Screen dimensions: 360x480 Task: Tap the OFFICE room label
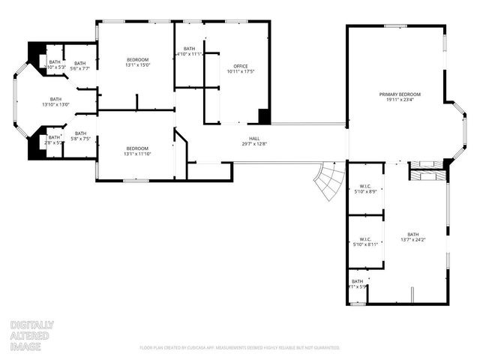tap(240, 66)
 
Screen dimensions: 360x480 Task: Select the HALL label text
tap(254, 138)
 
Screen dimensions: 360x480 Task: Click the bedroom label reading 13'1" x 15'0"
tap(137, 62)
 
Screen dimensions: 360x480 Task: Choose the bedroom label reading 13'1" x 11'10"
tap(137, 151)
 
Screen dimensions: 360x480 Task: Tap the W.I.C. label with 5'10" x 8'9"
tap(365, 188)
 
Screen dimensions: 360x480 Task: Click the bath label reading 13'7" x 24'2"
tap(413, 237)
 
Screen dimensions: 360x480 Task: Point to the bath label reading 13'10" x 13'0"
tap(56, 101)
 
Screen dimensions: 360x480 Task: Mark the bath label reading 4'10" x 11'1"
tap(189, 52)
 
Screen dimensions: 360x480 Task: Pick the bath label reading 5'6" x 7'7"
tap(80, 65)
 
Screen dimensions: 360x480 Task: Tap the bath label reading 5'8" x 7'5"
tap(80, 136)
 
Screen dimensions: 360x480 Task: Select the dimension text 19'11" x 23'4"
tap(403, 100)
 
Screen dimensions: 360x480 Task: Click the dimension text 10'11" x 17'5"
tap(240, 71)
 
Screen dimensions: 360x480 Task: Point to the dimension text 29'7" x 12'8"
tap(254, 143)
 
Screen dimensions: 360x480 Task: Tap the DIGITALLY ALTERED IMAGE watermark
tap(31, 335)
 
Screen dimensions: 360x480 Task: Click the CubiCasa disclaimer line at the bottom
tap(240, 347)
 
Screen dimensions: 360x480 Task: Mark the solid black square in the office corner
tap(264, 116)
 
